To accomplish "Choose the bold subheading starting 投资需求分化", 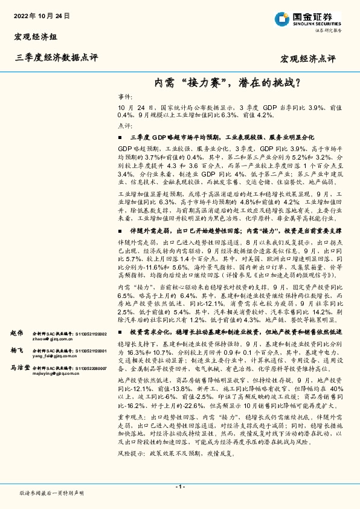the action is pos(236,332).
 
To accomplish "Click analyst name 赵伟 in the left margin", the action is pos(16,333).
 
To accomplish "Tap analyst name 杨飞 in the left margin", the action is pos(16,350).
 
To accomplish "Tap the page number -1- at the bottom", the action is pos(179,487).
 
